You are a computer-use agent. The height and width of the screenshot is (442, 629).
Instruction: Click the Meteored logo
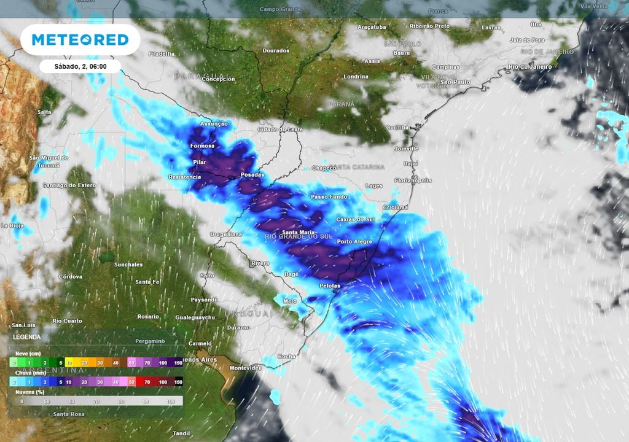pos(80,40)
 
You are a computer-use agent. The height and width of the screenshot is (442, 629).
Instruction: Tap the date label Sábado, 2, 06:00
pos(80,66)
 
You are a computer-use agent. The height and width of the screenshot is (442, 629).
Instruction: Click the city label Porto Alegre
pos(354,242)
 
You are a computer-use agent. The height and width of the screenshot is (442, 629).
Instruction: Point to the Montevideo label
pos(246,368)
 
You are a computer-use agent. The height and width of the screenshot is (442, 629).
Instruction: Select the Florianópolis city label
pos(413,180)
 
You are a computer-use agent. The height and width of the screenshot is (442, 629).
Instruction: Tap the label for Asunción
pos(214,124)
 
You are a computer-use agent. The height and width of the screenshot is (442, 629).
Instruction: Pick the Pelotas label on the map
pos(330,286)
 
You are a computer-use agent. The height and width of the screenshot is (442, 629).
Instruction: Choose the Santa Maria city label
pos(298,232)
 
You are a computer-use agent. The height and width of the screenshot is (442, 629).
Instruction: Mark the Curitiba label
pos(397,127)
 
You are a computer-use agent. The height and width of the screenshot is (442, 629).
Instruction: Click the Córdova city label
pos(70,277)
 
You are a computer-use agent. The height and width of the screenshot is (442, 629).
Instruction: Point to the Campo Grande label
pos(280,9)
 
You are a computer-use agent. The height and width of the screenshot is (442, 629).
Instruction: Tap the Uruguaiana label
pos(227,235)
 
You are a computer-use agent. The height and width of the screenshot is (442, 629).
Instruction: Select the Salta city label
pos(44,112)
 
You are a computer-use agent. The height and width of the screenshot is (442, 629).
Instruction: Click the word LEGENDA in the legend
pos(26,337)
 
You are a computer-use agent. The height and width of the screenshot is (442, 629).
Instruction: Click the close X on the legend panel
pos(179,337)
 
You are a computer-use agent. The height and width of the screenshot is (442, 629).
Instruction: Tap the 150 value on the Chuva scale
pos(178,382)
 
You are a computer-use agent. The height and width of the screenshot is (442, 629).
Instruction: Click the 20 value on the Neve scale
pos(84,363)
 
